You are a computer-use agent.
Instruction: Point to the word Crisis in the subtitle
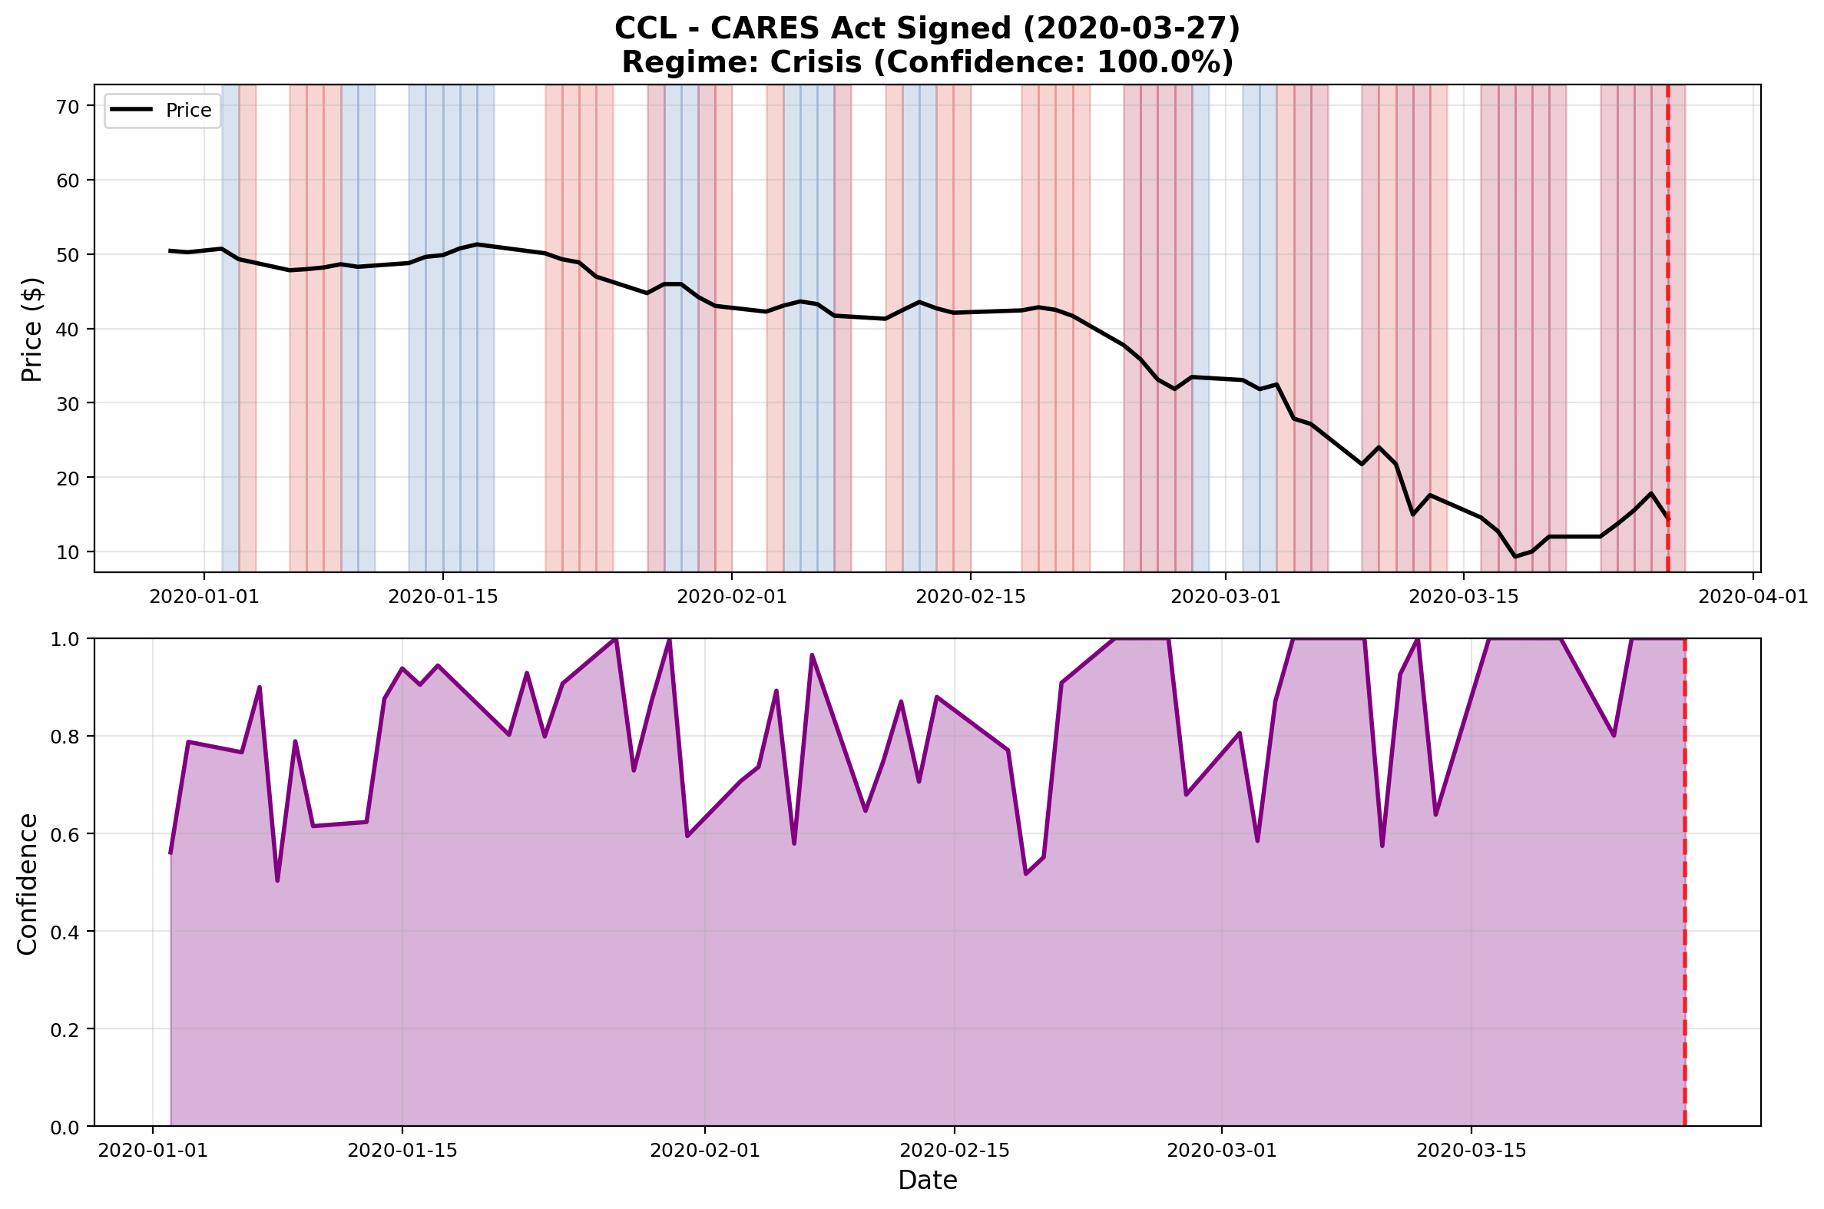point(814,62)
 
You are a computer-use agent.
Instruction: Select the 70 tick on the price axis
point(68,107)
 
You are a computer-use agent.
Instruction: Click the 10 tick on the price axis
point(68,552)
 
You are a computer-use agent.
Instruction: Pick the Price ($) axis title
point(31,329)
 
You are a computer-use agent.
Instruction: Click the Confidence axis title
point(28,883)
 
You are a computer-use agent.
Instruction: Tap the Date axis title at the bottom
point(927,1181)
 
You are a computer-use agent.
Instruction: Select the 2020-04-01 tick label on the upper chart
point(1753,597)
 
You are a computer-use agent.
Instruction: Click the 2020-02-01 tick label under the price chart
point(732,597)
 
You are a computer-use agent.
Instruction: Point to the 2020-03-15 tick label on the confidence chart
point(1471,1151)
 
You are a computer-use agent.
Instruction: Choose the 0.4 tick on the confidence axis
point(65,932)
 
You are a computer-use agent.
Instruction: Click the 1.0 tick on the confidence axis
point(65,639)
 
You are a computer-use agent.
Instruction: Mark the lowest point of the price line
point(1514,557)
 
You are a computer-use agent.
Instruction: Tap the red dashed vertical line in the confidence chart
point(1684,886)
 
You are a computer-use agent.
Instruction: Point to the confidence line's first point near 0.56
point(170,853)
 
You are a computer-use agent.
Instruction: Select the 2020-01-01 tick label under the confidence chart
point(153,1151)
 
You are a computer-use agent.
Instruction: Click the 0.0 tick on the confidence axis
point(65,1127)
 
